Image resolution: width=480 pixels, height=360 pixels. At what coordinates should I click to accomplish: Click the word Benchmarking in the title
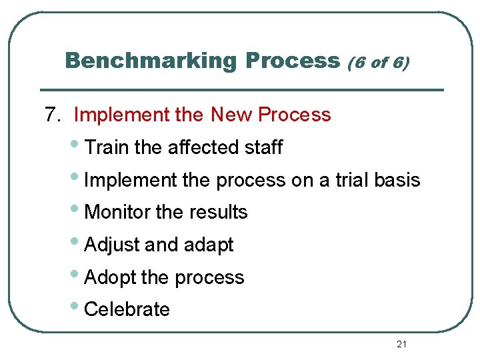click(x=151, y=61)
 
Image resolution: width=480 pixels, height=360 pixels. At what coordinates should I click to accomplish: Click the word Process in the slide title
click(x=293, y=61)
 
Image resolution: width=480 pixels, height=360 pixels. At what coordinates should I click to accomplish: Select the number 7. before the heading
click(x=53, y=115)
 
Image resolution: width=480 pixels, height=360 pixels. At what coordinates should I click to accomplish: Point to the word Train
click(x=108, y=147)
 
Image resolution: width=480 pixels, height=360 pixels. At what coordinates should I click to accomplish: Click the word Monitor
click(x=118, y=212)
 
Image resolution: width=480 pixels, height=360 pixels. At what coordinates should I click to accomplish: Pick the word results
click(x=217, y=212)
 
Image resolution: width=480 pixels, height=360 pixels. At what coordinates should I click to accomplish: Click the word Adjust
click(x=113, y=245)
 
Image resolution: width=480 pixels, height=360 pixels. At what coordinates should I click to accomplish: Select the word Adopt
click(x=111, y=277)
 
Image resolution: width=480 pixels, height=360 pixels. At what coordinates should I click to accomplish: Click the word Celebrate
click(x=127, y=309)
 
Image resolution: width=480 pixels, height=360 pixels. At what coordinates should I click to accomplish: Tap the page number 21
click(x=401, y=344)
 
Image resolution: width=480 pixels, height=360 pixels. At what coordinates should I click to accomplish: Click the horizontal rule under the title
click(x=242, y=89)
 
